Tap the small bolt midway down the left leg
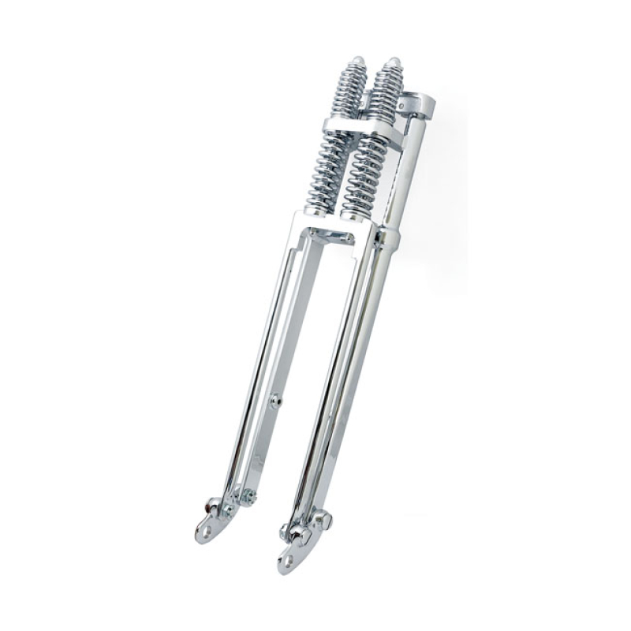275,401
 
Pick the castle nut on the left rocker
248,496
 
